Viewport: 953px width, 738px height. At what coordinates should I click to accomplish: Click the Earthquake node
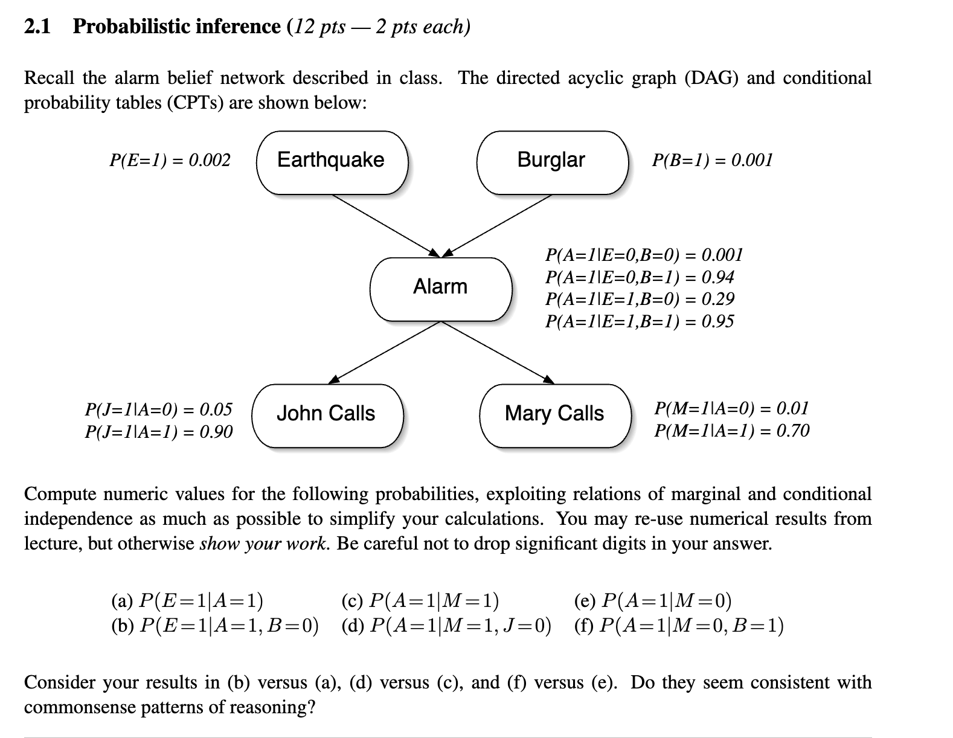[332, 162]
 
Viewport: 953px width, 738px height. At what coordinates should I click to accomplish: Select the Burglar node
[552, 162]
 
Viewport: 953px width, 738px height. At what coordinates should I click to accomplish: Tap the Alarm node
[440, 288]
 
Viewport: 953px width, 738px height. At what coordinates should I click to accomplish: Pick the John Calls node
[327, 415]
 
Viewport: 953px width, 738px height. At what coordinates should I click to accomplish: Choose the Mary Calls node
[554, 415]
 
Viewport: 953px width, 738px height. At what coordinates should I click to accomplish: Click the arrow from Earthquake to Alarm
[387, 225]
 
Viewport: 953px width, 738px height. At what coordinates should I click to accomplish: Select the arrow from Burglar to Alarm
[498, 225]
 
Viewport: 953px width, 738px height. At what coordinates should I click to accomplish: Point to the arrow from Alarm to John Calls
[387, 351]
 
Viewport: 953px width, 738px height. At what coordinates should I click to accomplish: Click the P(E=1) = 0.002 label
[170, 160]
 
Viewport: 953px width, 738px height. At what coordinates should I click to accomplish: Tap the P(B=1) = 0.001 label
[712, 160]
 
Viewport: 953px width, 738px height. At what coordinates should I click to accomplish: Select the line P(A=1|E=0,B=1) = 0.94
[640, 277]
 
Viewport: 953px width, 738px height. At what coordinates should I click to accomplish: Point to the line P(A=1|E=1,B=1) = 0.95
[640, 321]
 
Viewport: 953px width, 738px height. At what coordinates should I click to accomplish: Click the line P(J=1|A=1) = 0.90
[158, 432]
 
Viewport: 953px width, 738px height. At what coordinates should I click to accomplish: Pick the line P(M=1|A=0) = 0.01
[731, 409]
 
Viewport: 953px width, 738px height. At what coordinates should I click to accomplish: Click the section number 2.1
[38, 27]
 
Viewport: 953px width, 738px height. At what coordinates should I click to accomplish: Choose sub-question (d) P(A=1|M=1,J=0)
[446, 626]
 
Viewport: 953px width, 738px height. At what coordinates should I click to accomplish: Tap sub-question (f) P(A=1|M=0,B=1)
[679, 626]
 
